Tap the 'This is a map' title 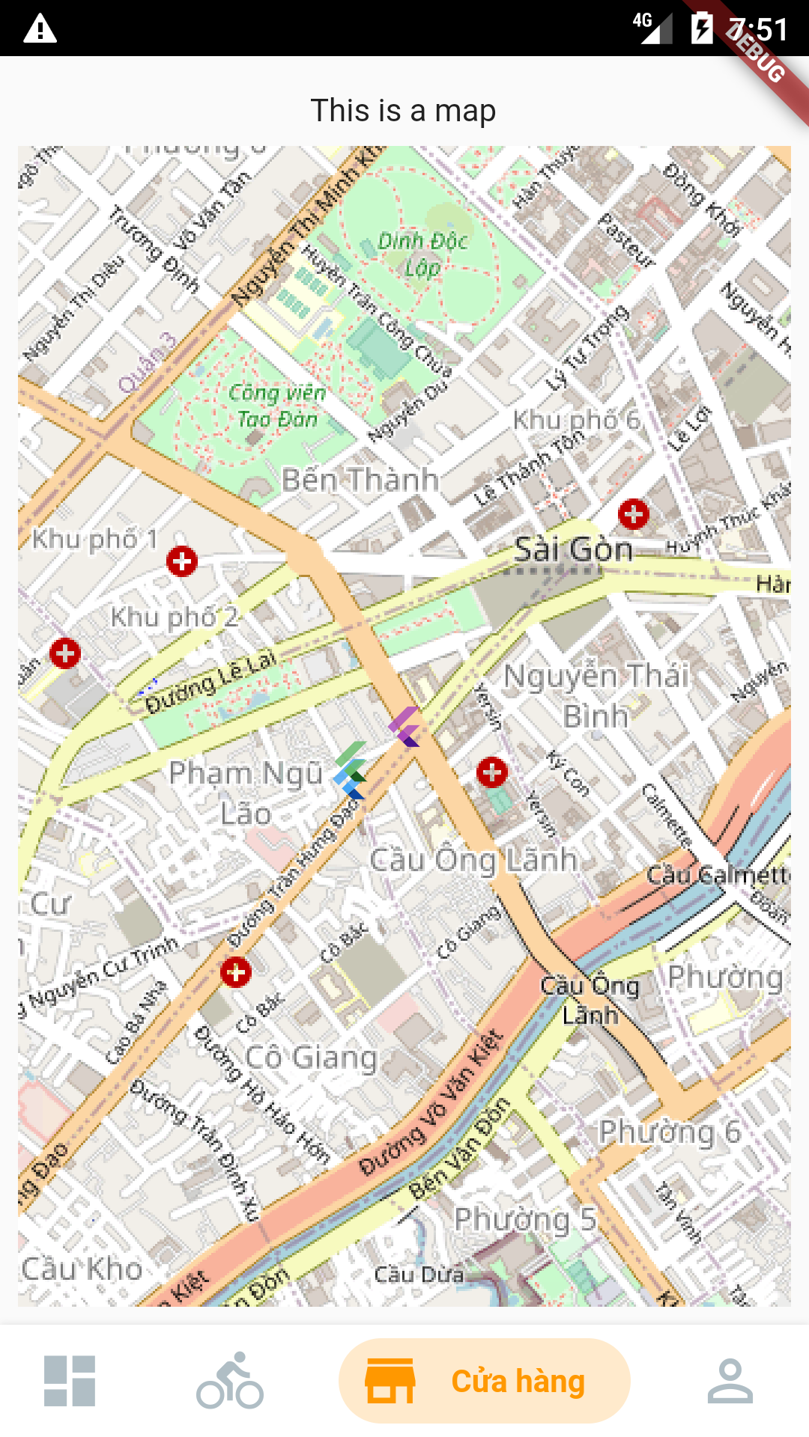(x=403, y=111)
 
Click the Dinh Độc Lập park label (x=422, y=254)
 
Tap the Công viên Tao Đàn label (x=277, y=406)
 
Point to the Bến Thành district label (x=360, y=480)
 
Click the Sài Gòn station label (x=574, y=550)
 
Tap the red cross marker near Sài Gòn (x=634, y=514)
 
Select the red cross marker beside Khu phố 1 (x=182, y=561)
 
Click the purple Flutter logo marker (x=404, y=726)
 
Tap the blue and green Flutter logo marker (x=351, y=770)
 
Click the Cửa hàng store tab (x=484, y=1381)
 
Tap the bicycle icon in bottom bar (x=230, y=1381)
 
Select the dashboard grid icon (x=70, y=1381)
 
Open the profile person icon (x=730, y=1381)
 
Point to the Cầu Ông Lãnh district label (x=473, y=860)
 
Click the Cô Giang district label (x=312, y=1058)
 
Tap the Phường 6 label (x=669, y=1132)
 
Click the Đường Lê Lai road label (x=210, y=682)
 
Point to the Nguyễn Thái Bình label (x=596, y=695)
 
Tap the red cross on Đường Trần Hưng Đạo (x=236, y=972)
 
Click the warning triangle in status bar (x=40, y=28)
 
